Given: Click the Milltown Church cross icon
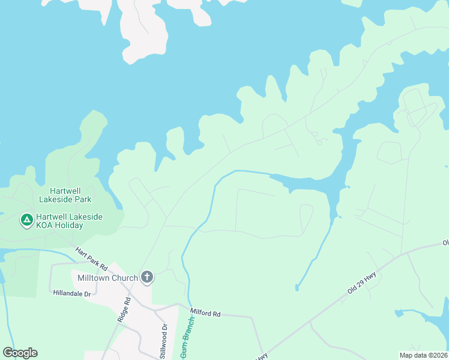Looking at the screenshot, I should coord(147,277).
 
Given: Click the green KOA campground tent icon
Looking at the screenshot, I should coord(26,220).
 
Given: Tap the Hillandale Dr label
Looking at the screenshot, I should coord(71,293).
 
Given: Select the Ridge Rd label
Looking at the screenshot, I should coord(123,311).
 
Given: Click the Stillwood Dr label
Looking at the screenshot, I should coord(164,341).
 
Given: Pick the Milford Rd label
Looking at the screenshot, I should coord(206,313).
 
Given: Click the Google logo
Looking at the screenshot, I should coord(20,353).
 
